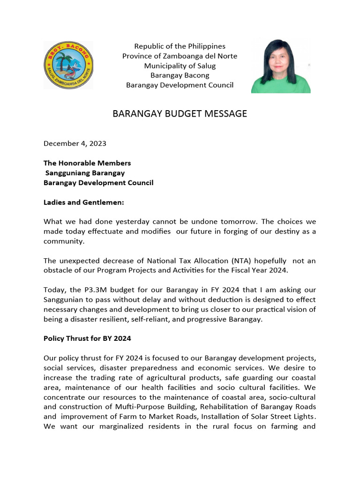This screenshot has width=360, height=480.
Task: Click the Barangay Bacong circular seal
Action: (x=68, y=65)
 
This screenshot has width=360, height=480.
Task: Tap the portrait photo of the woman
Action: (x=281, y=65)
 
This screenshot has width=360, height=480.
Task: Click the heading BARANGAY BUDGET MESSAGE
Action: (x=180, y=114)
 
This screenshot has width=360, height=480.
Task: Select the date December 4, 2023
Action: (x=75, y=143)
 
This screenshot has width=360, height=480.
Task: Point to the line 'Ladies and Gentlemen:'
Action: (x=83, y=202)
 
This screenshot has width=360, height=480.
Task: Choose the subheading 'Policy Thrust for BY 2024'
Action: (x=87, y=338)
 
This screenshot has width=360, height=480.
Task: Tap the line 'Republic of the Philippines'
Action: (x=180, y=46)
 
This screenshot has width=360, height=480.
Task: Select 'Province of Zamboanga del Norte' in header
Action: (x=180, y=56)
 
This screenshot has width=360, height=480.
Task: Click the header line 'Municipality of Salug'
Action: (x=180, y=66)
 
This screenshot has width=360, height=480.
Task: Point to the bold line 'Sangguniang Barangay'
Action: (x=85, y=173)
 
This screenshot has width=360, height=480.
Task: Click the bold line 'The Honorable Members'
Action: (x=87, y=163)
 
